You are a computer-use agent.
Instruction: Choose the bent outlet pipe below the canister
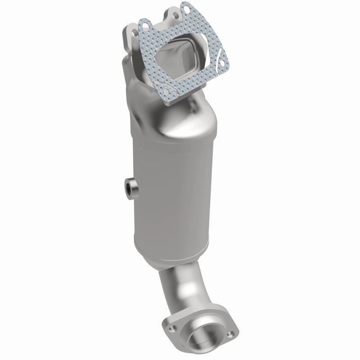click(x=180, y=288)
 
